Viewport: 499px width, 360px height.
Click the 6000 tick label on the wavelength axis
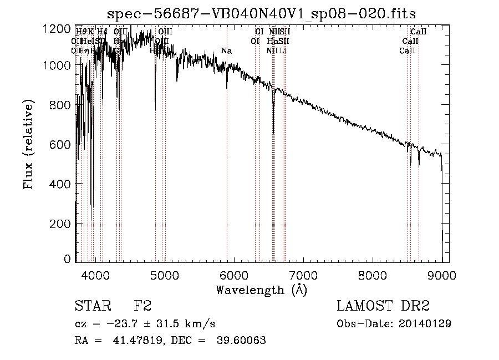click(x=233, y=275)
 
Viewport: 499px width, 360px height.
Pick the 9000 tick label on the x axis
click(x=442, y=275)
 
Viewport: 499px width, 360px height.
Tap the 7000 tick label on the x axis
click(x=303, y=275)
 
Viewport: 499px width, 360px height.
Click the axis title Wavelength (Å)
click(x=261, y=289)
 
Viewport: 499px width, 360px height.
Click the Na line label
click(x=226, y=51)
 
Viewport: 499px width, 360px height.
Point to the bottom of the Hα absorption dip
click(x=273, y=132)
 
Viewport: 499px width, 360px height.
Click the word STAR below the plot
click(x=91, y=306)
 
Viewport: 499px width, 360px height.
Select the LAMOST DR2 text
click(x=383, y=306)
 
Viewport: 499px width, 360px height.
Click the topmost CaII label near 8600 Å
click(x=418, y=32)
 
